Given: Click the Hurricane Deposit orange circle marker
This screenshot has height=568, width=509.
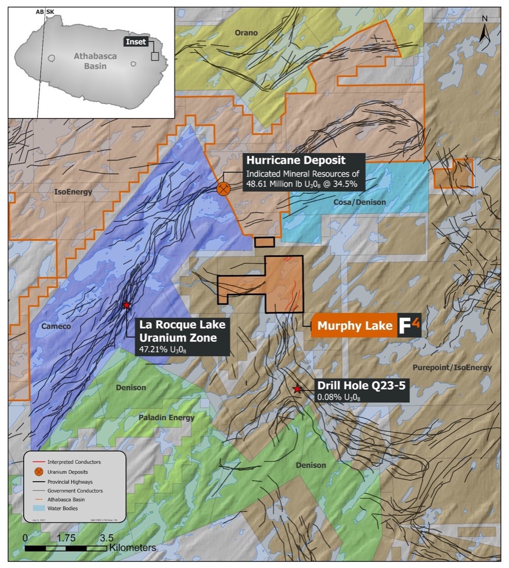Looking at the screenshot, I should point(223,188).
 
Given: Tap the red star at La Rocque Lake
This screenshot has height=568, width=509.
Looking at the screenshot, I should point(126,305).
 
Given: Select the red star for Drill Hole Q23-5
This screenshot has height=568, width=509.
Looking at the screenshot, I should point(297,388).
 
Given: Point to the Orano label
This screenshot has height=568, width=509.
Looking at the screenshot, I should point(246,33).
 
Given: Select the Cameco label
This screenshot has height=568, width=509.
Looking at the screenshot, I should point(57,326).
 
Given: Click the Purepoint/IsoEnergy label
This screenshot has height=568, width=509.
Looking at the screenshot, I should point(452,367).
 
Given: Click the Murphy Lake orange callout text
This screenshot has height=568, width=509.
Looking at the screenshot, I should point(355,326).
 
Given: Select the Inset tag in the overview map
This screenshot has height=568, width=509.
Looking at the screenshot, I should point(137,42).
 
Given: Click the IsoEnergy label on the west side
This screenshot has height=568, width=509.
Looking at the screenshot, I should point(72,192).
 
